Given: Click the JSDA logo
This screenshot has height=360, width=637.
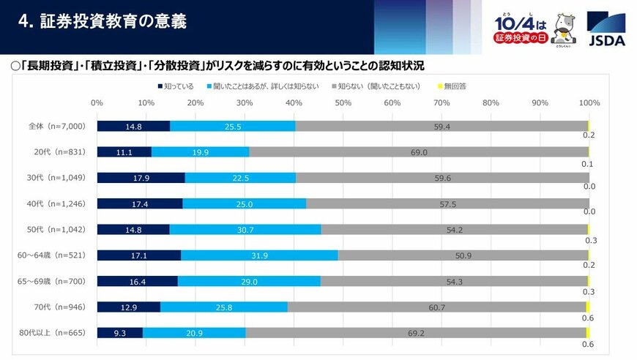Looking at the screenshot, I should tap(606, 29).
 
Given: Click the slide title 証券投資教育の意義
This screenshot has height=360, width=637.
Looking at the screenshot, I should tap(103, 22).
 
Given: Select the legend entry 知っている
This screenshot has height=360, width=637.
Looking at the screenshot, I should tap(175, 86).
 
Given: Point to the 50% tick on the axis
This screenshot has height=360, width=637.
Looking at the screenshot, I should tap(343, 103).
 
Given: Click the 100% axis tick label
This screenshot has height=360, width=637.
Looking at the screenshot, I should tap(589, 103).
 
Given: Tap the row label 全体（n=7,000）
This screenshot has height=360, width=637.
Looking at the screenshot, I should tap(52, 126).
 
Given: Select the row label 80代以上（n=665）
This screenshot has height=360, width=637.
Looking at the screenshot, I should tap(52, 333).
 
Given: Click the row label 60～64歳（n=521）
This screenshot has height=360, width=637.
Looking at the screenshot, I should tap(52, 255).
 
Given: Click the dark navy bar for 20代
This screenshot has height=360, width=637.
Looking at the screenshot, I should tap(124, 152).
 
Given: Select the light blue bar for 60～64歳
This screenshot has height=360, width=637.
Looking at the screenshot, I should tap(259, 255).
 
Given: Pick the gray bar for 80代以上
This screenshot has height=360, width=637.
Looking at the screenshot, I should tap(415, 333).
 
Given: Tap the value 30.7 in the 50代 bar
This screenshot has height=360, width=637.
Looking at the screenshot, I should tap(250, 229).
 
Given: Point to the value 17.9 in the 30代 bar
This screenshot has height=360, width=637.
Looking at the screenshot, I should tap(141, 178).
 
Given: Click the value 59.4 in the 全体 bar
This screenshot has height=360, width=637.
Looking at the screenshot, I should tap(441, 126).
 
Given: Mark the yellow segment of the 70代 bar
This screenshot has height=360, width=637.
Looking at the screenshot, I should tap(587, 307).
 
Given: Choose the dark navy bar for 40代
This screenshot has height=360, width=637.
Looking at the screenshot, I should tap(139, 203).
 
